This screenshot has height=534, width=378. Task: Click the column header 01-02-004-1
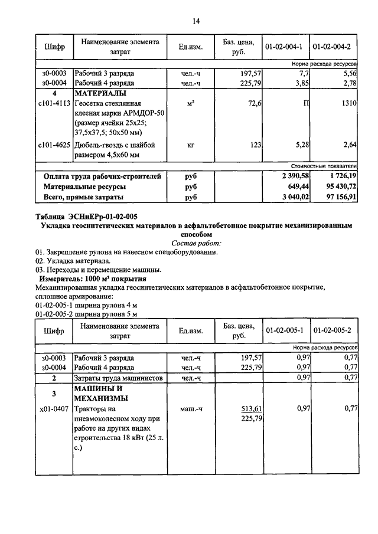click(x=284, y=47)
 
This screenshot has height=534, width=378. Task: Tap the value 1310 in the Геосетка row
click(x=348, y=103)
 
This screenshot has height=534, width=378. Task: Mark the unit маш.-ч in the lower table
click(x=191, y=408)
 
